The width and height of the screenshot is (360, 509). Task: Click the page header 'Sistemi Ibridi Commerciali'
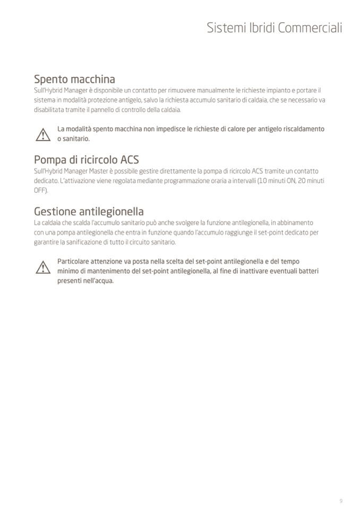tap(274, 28)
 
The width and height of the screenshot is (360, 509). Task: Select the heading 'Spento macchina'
tap(74, 80)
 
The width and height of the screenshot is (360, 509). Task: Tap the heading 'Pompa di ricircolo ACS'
tap(86, 159)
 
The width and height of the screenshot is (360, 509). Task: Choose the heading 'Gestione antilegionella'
tap(89, 211)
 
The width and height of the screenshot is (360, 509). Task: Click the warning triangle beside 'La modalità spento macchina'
tap(42, 135)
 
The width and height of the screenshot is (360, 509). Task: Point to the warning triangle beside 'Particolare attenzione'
tap(42, 268)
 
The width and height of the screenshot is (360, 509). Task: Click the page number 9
tap(341, 501)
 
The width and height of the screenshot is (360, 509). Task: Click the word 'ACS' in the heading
tap(130, 159)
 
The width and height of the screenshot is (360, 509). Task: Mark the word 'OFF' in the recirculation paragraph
tap(39, 190)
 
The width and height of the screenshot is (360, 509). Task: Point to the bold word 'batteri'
tap(308, 271)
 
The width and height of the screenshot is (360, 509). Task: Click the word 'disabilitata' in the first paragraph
tap(47, 109)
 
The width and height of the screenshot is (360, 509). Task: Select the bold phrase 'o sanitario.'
tap(73, 139)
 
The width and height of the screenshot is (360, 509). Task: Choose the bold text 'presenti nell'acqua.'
tap(85, 281)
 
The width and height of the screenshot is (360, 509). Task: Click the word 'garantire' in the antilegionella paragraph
tap(46, 242)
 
